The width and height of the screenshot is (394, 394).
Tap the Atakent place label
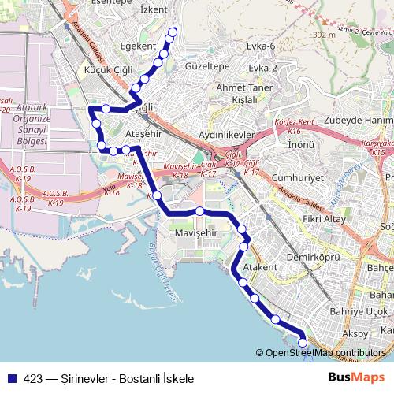coord(260,268)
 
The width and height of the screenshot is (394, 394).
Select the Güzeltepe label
coord(207,68)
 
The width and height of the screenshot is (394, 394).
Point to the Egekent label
coord(138,46)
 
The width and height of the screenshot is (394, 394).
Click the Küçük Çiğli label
coord(107,70)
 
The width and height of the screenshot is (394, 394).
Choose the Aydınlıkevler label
coord(229,136)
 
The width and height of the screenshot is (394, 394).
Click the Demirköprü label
coord(312,257)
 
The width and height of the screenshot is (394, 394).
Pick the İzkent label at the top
coord(154,9)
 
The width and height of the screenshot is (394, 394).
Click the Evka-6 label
coord(260,46)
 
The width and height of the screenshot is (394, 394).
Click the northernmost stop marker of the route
coord(173,32)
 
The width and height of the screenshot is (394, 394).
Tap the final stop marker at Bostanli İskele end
coord(303,342)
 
